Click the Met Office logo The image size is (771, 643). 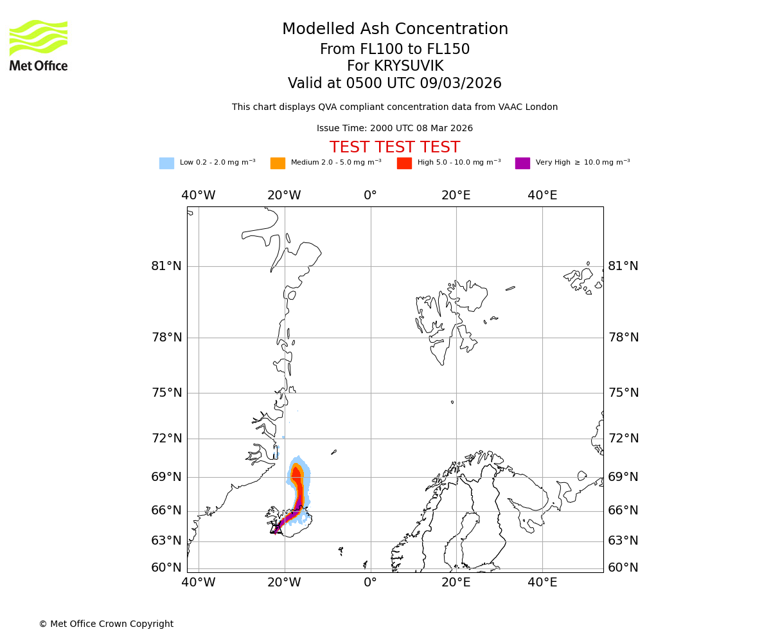(39, 45)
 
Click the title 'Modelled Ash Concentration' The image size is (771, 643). (395, 30)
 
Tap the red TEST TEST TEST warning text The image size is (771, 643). (394, 147)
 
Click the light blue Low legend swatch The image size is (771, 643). (166, 163)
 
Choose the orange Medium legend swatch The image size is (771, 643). (278, 163)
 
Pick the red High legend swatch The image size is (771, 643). (404, 163)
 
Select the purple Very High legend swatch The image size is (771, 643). (522, 163)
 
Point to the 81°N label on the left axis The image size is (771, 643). (166, 266)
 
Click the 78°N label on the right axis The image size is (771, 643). (623, 338)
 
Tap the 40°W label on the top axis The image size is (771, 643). (198, 195)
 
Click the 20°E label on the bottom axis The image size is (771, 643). (456, 583)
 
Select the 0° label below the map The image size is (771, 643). (370, 583)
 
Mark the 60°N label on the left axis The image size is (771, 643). (166, 568)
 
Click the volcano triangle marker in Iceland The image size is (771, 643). (276, 529)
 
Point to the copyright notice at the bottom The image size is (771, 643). (106, 624)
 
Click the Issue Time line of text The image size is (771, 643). (394, 129)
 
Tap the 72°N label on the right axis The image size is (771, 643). (623, 439)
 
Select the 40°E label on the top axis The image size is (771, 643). (542, 195)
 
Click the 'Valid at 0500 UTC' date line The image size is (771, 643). (394, 84)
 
